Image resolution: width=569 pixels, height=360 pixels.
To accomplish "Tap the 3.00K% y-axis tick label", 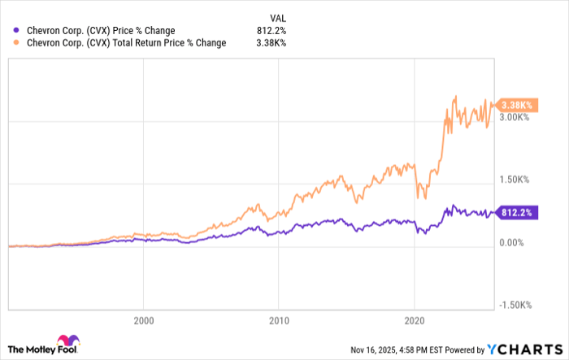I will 515,117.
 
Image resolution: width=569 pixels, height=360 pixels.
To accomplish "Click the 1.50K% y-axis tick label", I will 515,180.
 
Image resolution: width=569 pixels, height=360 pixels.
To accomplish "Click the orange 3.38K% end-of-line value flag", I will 515,106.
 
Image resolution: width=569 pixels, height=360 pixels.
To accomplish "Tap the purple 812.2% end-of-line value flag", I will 515,214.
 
